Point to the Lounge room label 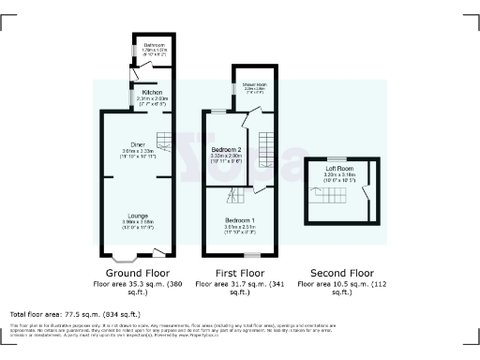[x=137, y=216]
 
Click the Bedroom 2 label [x=228, y=150]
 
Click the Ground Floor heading [x=137, y=272]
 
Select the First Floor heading [x=238, y=272]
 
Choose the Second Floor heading [x=337, y=272]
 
